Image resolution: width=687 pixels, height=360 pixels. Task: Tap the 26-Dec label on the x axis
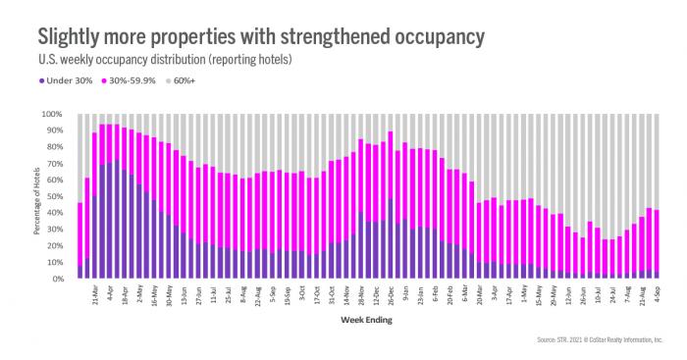[x=391, y=293]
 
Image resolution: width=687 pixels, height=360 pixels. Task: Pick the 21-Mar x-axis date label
[x=94, y=293]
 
